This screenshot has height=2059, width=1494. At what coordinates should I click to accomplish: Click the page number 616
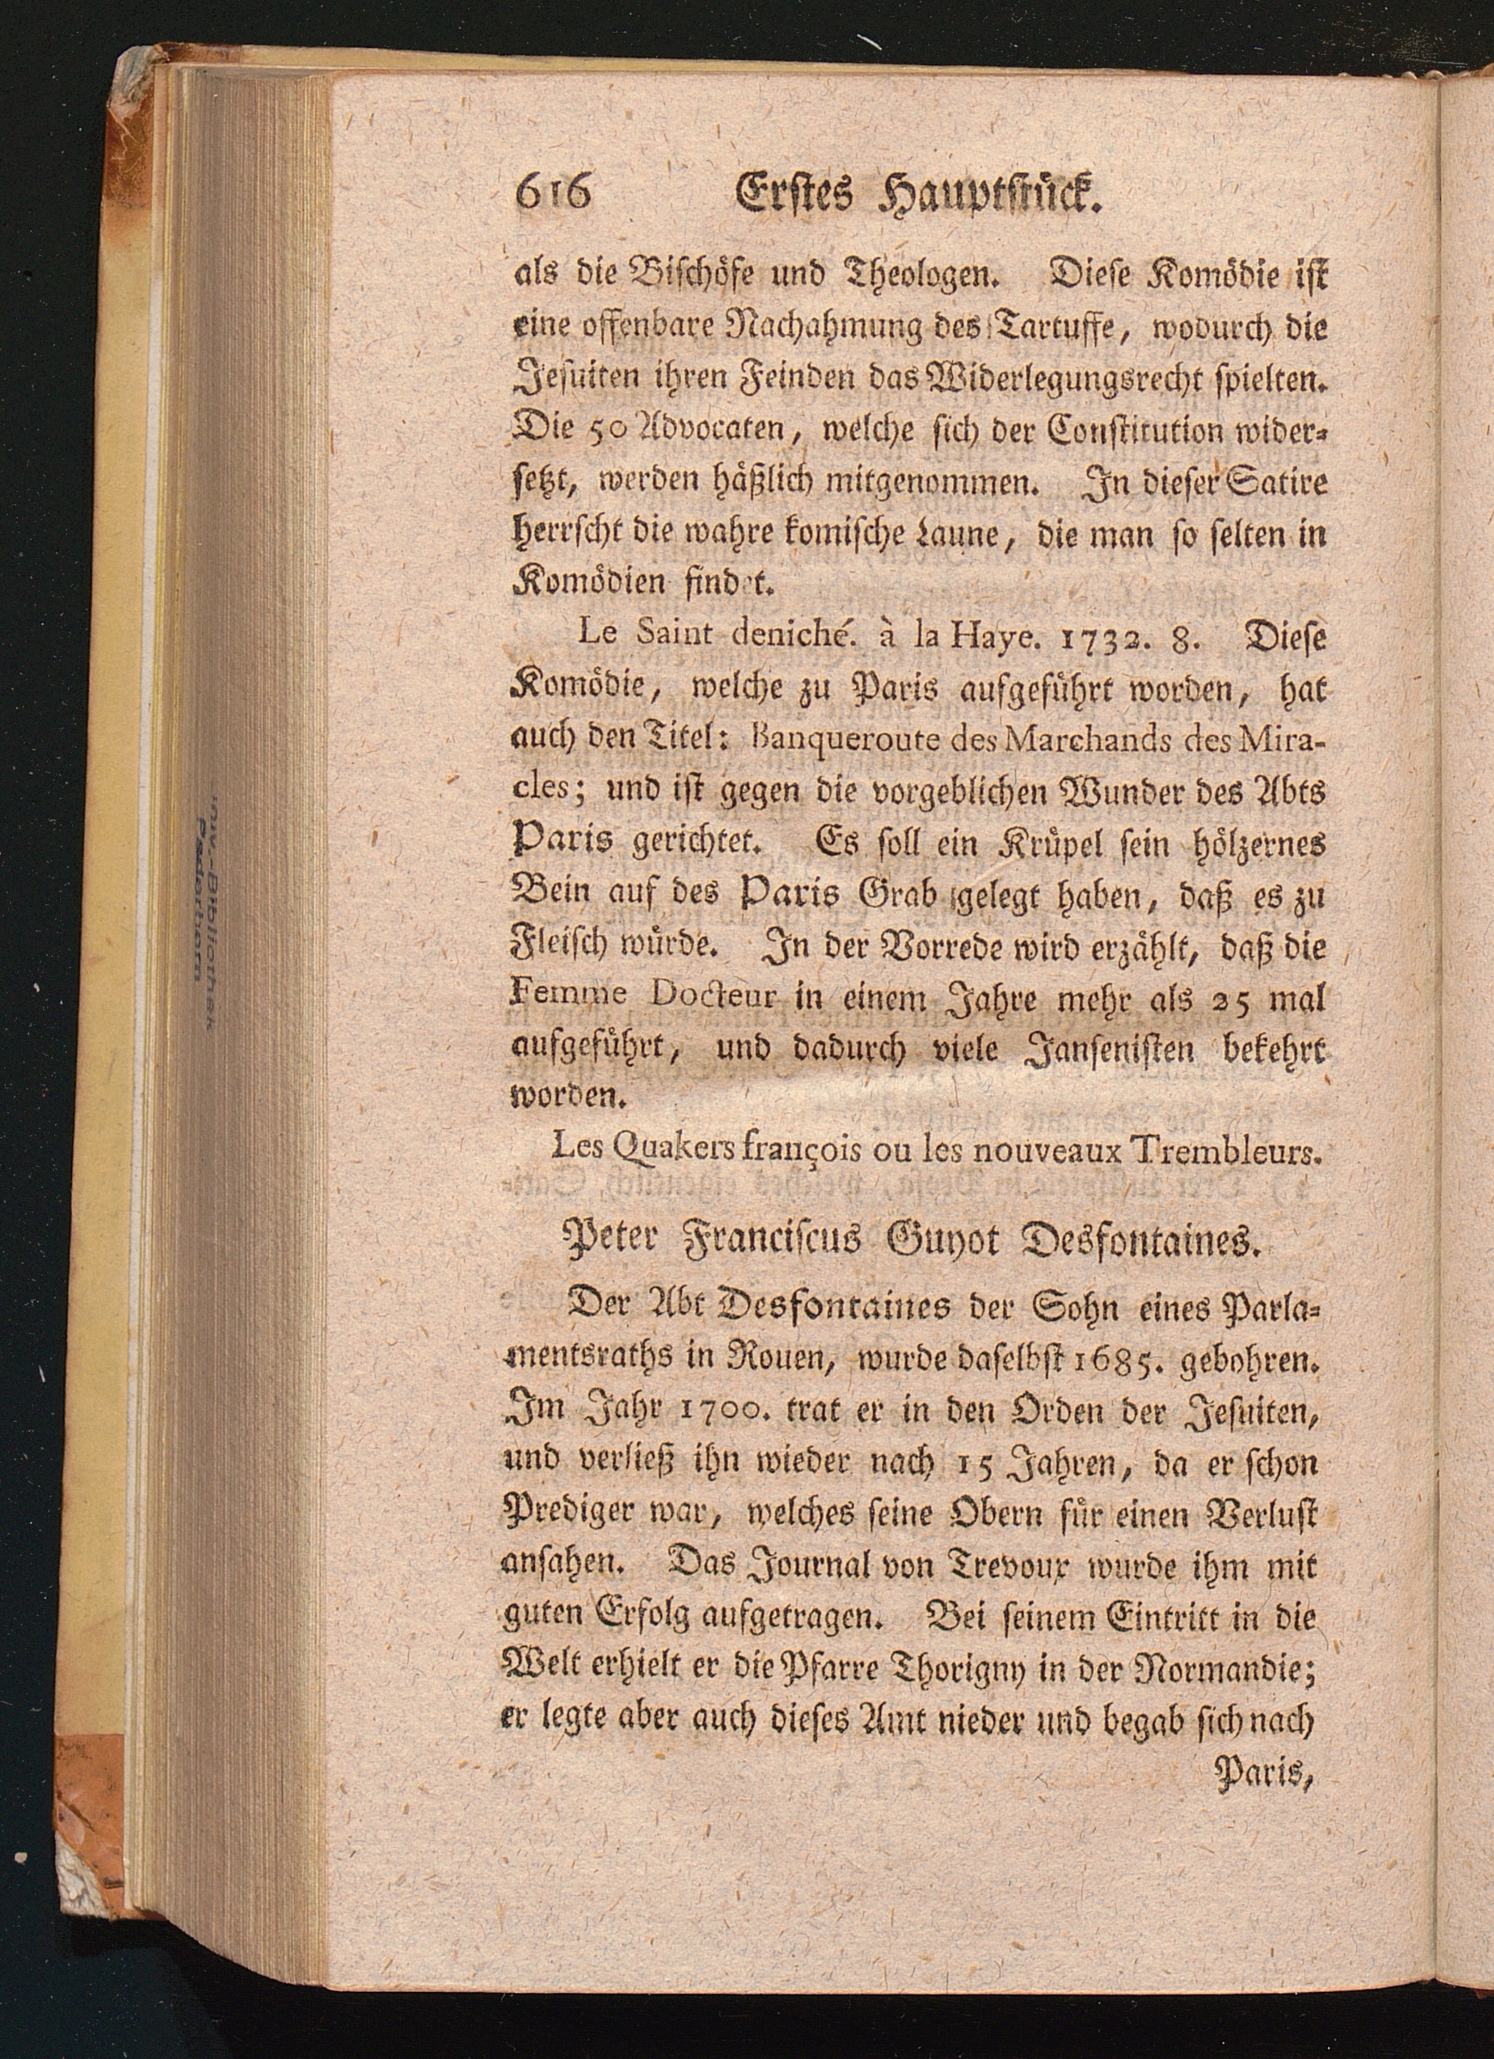pyautogui.click(x=552, y=193)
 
